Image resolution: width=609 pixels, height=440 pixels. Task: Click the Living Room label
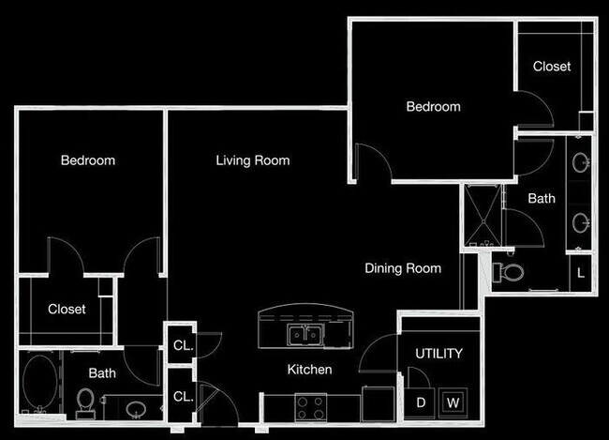[252, 160]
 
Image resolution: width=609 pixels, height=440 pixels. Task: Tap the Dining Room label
[402, 268]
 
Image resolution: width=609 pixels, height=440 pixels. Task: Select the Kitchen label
[309, 370]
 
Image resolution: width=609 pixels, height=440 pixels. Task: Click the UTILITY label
[438, 354]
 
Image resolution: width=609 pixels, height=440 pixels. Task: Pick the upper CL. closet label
[183, 344]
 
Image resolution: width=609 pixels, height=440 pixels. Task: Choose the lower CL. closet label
[183, 396]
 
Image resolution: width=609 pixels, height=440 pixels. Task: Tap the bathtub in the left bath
[39, 384]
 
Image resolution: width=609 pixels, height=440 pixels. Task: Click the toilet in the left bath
[85, 402]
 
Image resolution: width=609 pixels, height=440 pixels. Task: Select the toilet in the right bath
[511, 273]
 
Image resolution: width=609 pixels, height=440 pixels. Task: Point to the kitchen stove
[310, 407]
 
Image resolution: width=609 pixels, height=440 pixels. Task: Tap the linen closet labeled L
[581, 273]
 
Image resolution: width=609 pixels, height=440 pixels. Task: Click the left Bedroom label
[88, 160]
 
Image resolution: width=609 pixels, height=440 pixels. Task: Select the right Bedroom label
[433, 107]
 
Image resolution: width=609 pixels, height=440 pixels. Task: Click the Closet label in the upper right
[552, 67]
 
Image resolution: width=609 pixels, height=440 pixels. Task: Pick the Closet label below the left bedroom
[67, 309]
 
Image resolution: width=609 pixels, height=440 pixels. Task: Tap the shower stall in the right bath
[483, 217]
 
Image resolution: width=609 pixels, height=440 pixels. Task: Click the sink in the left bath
[137, 408]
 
